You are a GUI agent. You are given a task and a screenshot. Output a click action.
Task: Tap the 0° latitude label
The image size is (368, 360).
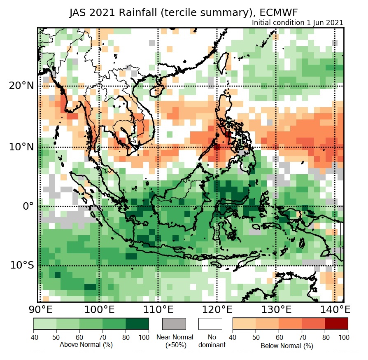point(28,206)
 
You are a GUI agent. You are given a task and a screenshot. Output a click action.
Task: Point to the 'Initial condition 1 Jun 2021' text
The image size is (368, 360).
point(297,23)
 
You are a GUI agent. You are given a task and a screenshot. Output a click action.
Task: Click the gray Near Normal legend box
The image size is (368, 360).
point(174,324)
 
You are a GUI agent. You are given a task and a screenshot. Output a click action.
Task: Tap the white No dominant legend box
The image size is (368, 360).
point(210,324)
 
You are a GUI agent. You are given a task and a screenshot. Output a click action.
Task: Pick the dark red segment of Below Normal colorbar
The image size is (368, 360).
point(336,324)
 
